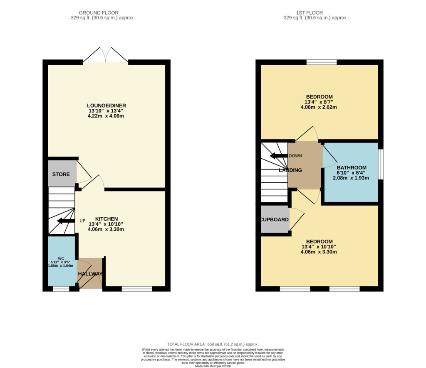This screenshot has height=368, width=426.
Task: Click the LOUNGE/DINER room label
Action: click(x=107, y=105)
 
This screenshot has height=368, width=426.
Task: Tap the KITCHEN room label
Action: click(x=106, y=219)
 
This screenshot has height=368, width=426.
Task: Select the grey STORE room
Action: click(x=61, y=174)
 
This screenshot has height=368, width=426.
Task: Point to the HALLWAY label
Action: click(x=90, y=274)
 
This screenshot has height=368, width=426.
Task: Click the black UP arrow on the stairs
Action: click(x=65, y=221)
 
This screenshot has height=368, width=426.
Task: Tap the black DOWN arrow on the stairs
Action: click(x=279, y=156)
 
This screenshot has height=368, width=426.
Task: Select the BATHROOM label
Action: click(x=352, y=167)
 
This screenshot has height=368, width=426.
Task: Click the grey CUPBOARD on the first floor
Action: click(x=275, y=219)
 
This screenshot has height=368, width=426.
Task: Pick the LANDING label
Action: click(x=290, y=170)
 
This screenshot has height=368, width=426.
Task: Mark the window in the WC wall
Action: click(x=61, y=289)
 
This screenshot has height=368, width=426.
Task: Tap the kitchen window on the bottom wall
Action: click(x=137, y=289)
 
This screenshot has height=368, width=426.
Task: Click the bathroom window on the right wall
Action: click(x=380, y=164)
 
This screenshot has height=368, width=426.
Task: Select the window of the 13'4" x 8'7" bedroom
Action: click(x=322, y=62)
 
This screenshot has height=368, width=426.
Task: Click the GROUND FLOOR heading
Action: click(x=102, y=13)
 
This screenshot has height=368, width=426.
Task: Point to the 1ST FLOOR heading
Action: click(x=315, y=13)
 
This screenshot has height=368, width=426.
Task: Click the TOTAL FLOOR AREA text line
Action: click(x=213, y=344)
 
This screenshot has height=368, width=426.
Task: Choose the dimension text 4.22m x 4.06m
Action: click(x=107, y=116)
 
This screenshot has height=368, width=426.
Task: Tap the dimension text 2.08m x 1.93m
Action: click(x=352, y=178)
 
